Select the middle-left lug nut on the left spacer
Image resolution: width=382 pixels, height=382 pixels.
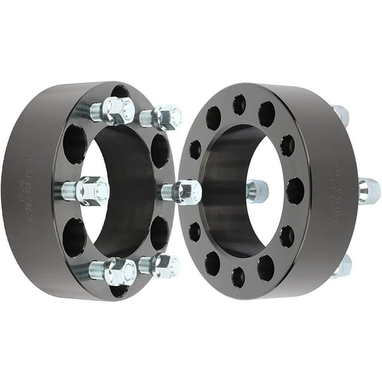pyautogui.click(x=91, y=191)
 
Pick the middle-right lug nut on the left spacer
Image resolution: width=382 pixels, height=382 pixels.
pyautogui.click(x=186, y=193)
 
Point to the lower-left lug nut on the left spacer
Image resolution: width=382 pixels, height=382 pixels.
pyautogui.click(x=120, y=271)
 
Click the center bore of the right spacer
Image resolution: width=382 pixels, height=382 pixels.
pyautogui.click(x=229, y=192)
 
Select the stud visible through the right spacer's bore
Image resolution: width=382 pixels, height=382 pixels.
pyautogui.click(x=258, y=192)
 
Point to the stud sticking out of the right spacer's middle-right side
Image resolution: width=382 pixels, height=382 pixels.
pyautogui.click(x=369, y=191)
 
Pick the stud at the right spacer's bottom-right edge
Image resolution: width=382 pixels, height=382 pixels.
pyautogui.click(x=342, y=266)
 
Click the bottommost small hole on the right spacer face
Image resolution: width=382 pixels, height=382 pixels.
pyautogui.click(x=238, y=277)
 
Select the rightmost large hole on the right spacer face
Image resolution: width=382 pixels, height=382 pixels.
pyautogui.click(x=295, y=190)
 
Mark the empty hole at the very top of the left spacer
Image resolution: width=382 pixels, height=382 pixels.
pyautogui.click(x=120, y=92)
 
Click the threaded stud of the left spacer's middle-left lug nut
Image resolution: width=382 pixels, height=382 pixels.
pyautogui.click(x=68, y=191)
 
